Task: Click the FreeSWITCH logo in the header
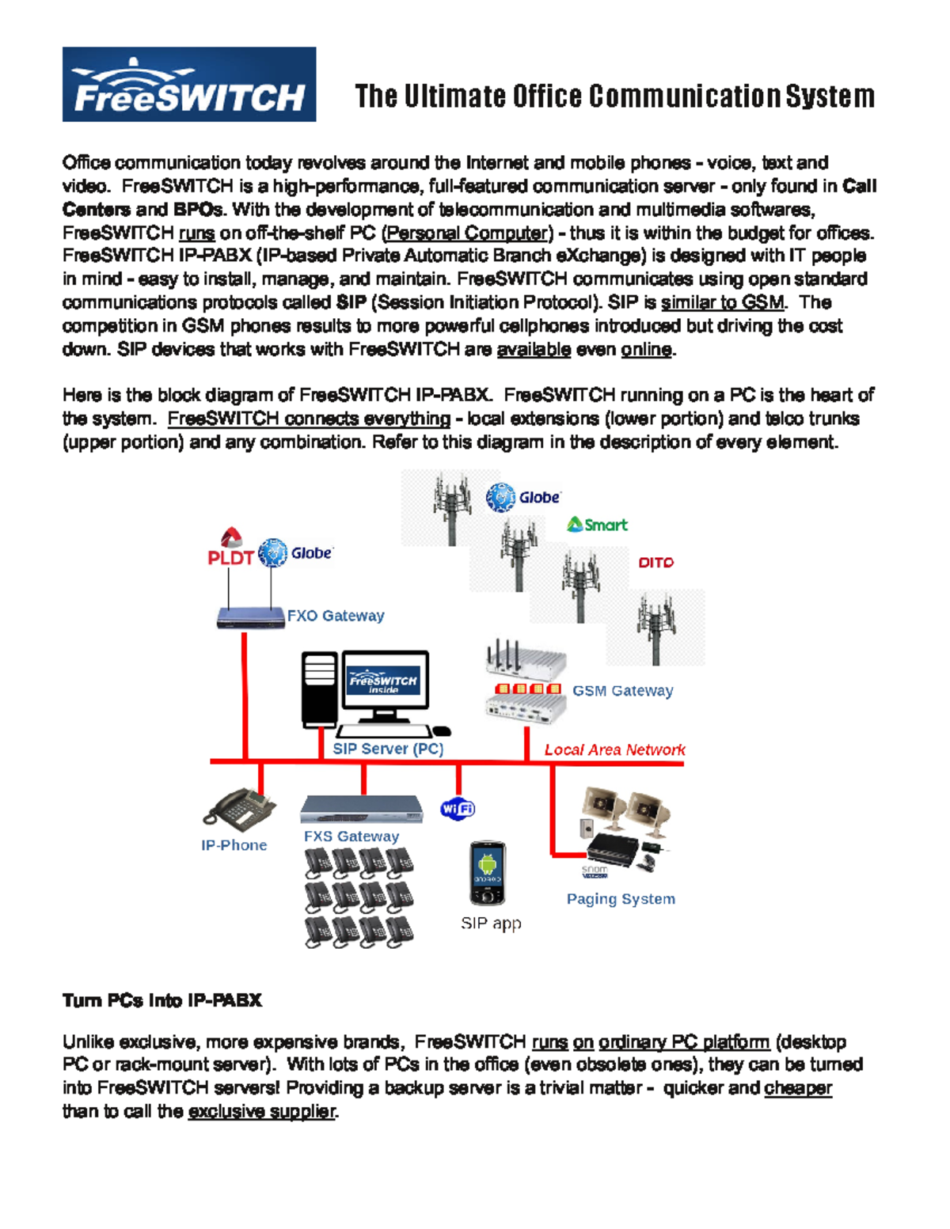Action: tap(188, 85)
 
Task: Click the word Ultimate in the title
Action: tap(454, 97)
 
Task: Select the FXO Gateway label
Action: tap(335, 616)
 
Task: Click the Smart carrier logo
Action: tap(598, 525)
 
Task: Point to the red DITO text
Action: tap(655, 563)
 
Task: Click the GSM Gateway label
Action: tap(622, 691)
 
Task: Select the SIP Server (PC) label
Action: tap(387, 749)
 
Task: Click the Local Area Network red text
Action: tap(614, 749)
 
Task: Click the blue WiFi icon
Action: tap(458, 809)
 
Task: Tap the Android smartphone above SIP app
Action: tap(487, 873)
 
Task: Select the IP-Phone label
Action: tap(234, 845)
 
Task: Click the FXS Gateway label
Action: tap(351, 836)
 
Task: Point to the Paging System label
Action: tap(621, 899)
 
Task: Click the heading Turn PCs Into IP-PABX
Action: tap(162, 1000)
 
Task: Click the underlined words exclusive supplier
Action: tap(262, 1111)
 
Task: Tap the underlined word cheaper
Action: tap(798, 1088)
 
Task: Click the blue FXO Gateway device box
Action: tap(250, 617)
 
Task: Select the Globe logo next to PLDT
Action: tap(295, 553)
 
